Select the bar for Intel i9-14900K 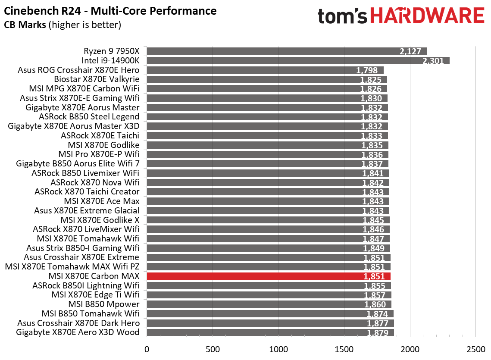(x=297, y=60)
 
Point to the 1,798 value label (x=367, y=70)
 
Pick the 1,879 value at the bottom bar (x=378, y=333)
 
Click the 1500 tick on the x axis (x=344, y=348)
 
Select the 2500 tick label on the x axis (x=475, y=348)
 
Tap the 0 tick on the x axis (x=147, y=348)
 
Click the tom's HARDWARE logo (x=400, y=16)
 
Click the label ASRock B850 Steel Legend (x=89, y=116)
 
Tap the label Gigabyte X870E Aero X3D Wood (x=78, y=332)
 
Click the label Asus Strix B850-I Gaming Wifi (x=83, y=248)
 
